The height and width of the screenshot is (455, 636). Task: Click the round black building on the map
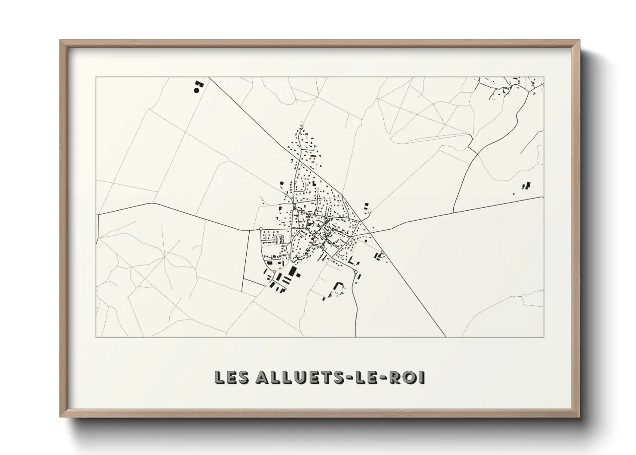(x=196, y=90)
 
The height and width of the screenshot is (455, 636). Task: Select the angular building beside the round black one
(x=199, y=83)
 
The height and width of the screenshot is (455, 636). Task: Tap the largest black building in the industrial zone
(x=294, y=272)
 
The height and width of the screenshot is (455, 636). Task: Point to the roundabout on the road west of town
(x=261, y=229)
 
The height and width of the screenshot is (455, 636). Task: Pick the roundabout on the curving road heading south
(x=356, y=272)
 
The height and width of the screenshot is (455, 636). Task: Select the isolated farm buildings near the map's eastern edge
(x=526, y=187)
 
